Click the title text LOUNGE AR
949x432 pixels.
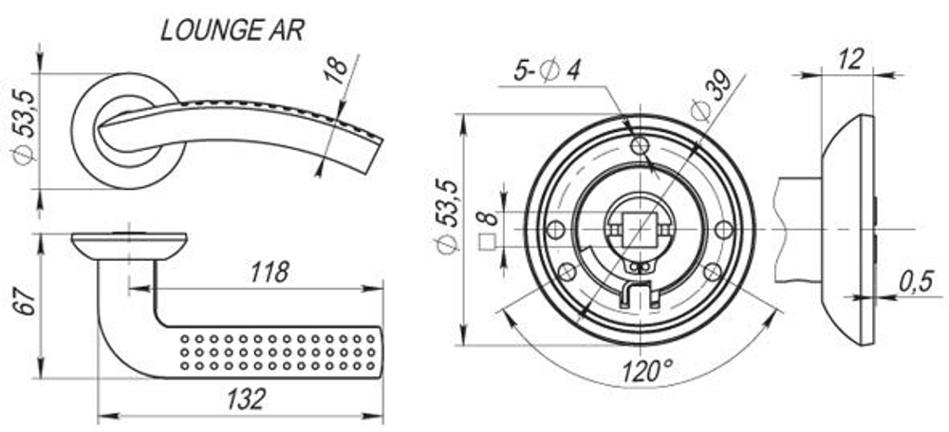coord(233,29)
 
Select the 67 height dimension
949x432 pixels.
coord(27,302)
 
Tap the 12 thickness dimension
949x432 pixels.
coord(851,59)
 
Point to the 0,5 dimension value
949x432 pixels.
coord(915,281)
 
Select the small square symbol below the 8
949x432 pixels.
coord(487,241)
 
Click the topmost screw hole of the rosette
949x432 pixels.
coord(641,145)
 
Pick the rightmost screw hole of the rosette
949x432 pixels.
coord(723,229)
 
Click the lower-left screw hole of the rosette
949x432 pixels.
coord(567,272)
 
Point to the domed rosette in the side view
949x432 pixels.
coord(847,229)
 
